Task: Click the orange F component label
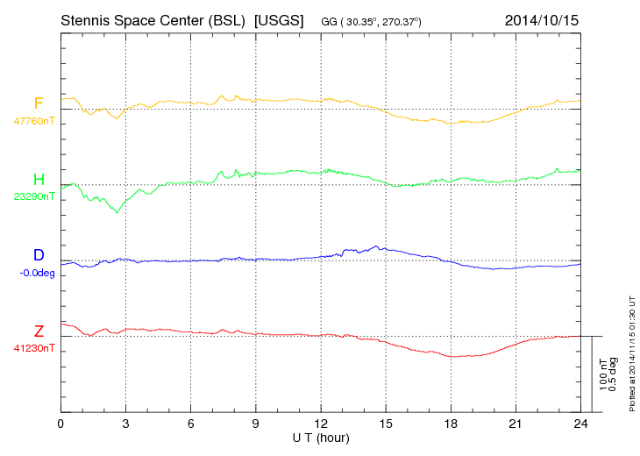39,103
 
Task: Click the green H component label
39,180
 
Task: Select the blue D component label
39,255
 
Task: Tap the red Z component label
39,331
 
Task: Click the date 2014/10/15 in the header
542,18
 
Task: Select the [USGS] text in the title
278,18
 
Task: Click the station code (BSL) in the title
228,18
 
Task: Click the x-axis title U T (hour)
321,437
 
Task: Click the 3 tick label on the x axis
125,424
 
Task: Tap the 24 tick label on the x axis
580,424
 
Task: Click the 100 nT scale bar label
603,374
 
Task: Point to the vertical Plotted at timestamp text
631,354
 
